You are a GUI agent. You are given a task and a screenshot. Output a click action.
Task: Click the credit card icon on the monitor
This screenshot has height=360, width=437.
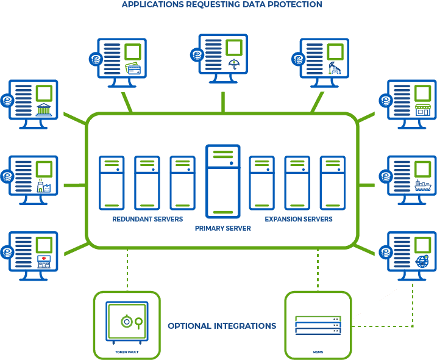click(133, 68)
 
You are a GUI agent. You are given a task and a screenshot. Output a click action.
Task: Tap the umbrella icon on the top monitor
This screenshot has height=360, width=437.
click(235, 64)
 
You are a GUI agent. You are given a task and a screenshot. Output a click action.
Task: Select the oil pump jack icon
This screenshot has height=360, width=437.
click(335, 68)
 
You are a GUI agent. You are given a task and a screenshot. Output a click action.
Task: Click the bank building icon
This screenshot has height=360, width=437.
click(44, 110)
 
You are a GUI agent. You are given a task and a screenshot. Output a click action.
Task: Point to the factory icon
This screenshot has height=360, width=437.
click(44, 185)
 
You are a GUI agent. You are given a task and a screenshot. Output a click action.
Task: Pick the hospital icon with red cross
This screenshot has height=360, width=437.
click(44, 262)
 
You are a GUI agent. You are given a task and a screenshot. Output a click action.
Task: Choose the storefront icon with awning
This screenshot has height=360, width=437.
click(423, 110)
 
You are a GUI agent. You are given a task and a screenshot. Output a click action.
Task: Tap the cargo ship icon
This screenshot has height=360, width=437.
click(423, 185)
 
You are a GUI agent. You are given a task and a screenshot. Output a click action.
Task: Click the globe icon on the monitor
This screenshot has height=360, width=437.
click(422, 261)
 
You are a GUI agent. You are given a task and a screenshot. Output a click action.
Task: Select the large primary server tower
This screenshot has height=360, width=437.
click(223, 181)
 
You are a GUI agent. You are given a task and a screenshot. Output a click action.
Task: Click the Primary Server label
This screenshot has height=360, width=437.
click(223, 228)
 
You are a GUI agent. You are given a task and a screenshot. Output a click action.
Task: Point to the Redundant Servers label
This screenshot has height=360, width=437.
click(147, 219)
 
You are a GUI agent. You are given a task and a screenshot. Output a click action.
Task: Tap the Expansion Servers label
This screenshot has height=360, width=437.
click(299, 219)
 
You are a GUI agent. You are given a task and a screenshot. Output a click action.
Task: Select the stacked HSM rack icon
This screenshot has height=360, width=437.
click(318, 325)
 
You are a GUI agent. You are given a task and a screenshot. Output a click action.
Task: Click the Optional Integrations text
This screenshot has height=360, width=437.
click(222, 326)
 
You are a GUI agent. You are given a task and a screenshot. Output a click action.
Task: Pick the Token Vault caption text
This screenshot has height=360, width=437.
click(127, 352)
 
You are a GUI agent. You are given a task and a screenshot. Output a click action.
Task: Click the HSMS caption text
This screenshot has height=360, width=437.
click(318, 352)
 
